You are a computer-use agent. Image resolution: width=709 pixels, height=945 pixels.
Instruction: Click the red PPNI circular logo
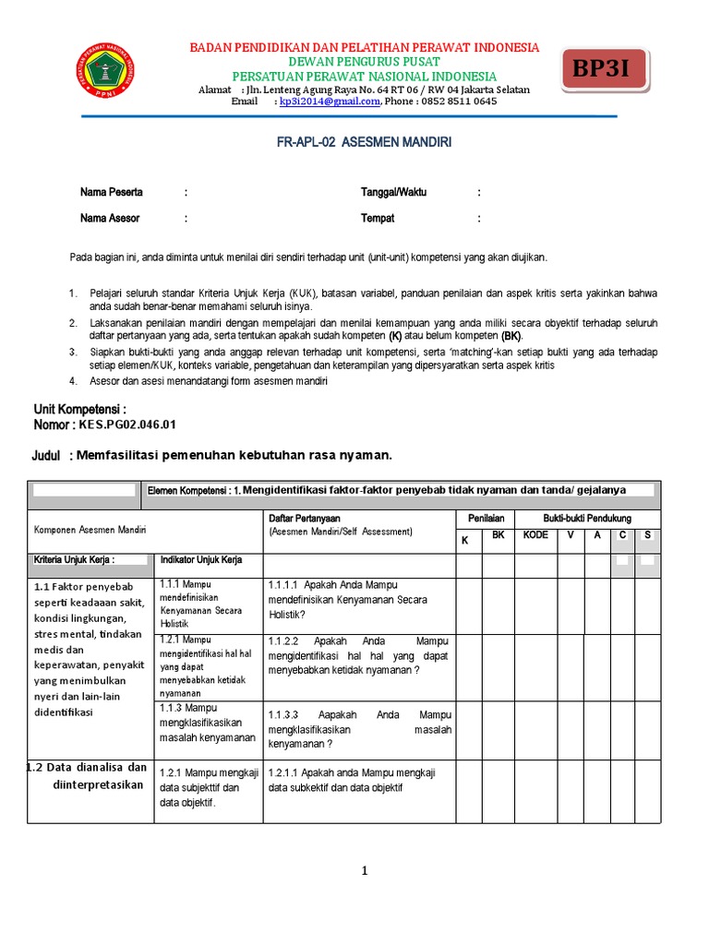coord(105,74)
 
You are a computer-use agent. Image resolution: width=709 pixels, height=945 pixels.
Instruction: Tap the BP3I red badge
coord(605,69)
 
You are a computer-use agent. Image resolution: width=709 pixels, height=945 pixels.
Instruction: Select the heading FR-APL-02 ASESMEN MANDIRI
coord(365,143)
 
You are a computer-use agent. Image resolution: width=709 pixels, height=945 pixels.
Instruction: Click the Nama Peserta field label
coord(112,193)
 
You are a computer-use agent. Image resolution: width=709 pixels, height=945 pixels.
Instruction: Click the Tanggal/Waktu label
coord(393,193)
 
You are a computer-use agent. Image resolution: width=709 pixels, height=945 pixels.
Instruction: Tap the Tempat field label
coord(378,219)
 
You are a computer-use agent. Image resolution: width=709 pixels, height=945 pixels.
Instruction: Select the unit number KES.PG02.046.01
coord(127,425)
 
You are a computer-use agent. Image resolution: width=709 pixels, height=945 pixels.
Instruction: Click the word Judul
coord(46,456)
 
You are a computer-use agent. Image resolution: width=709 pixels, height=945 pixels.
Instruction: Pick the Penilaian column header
coord(486,519)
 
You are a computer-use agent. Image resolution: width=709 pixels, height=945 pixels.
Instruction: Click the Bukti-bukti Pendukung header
coord(587,519)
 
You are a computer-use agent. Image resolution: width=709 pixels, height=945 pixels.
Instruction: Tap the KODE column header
coord(535,535)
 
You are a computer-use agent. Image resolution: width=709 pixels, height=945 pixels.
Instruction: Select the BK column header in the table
coord(498,535)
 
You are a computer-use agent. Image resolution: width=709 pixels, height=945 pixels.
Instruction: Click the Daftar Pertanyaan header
coord(305,519)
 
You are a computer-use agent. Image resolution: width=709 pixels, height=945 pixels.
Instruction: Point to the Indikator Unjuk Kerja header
coord(201,560)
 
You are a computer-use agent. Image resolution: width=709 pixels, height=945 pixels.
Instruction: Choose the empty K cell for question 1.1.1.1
coord(468,605)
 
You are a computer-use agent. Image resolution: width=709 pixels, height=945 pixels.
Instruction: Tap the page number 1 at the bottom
coord(365,870)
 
